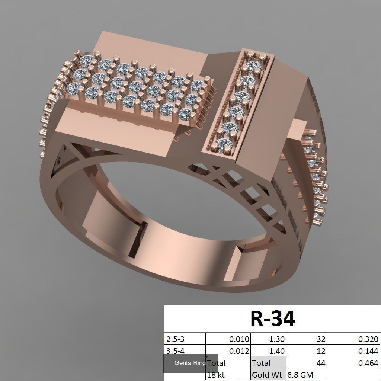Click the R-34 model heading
click(x=273, y=318)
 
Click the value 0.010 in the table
click(x=239, y=339)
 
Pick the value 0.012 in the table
click(x=239, y=351)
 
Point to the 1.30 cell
click(x=277, y=339)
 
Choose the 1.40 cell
click(x=277, y=351)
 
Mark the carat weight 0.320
click(x=368, y=339)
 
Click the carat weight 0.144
click(x=368, y=351)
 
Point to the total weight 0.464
click(x=368, y=363)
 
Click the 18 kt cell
click(x=217, y=375)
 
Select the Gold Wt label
click(x=266, y=375)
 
